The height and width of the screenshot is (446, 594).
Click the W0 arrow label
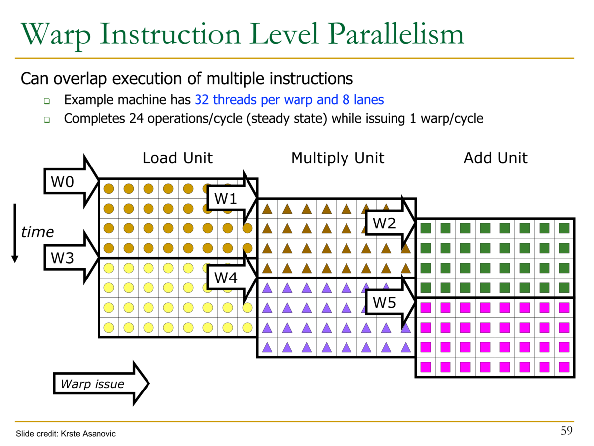click(x=63, y=182)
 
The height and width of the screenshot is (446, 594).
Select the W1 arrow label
click(x=225, y=199)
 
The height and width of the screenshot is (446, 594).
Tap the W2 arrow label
click(x=384, y=223)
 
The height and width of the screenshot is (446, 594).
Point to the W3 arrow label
click(x=63, y=258)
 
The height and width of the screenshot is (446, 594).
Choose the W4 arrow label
click(x=225, y=278)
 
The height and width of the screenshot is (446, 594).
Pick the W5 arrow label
click(x=384, y=302)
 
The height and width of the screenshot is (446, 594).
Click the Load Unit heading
click(x=177, y=158)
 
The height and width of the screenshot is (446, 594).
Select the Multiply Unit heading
click(x=338, y=158)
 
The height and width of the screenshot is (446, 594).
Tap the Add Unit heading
click(x=495, y=158)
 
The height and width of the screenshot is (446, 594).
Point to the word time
click(x=37, y=232)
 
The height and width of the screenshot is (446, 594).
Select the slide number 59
click(x=566, y=430)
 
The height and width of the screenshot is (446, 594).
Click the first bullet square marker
click(x=47, y=101)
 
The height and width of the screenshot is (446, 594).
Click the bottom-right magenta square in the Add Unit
click(x=564, y=367)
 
